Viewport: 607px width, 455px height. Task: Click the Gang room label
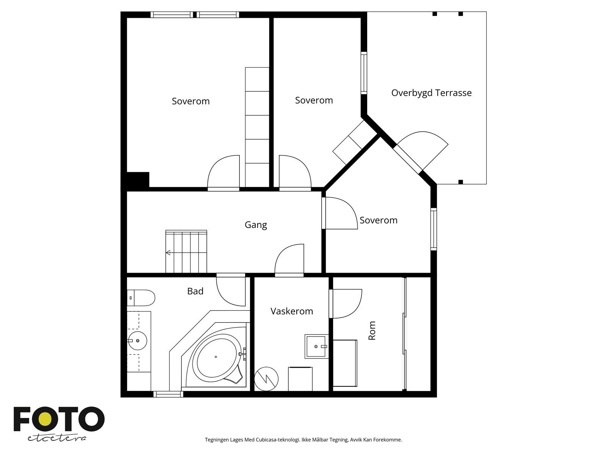(x=256, y=224)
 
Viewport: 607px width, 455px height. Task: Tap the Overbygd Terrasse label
(x=431, y=93)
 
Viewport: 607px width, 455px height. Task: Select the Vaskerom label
(x=292, y=311)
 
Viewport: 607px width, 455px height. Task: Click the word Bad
(x=195, y=291)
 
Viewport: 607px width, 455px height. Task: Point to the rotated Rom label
(x=372, y=331)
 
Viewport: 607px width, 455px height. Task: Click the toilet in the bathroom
(x=141, y=298)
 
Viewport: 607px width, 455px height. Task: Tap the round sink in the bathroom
(x=137, y=340)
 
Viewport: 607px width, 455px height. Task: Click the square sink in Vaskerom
(x=316, y=347)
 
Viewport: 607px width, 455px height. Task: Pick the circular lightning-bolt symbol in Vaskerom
(x=266, y=378)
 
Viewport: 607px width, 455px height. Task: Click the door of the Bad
(x=231, y=291)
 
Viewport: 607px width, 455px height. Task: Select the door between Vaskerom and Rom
(x=346, y=303)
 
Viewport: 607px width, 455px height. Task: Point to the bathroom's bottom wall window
(x=168, y=394)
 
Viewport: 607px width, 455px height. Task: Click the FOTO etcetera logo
(x=59, y=424)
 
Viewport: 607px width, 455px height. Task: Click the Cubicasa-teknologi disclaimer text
(x=303, y=440)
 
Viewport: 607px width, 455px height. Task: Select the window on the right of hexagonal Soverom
(x=434, y=229)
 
